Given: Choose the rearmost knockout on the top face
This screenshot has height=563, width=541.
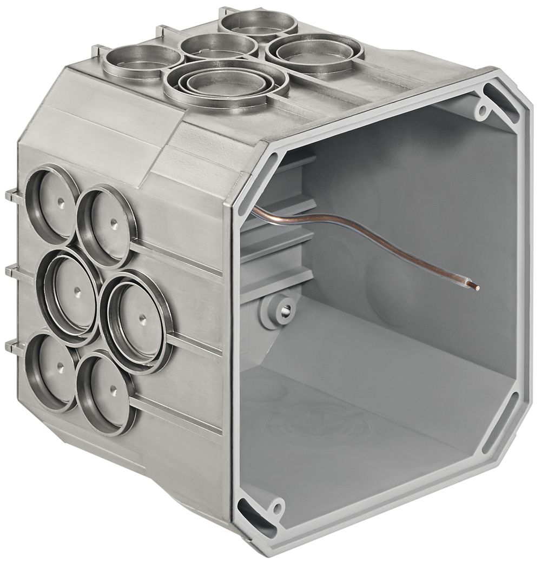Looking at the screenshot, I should point(259,23).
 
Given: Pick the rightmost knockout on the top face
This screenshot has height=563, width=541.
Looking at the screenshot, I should point(314,52).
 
